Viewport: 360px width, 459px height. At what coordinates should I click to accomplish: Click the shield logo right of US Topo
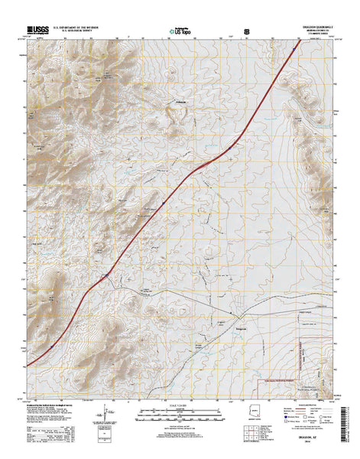point(246,31)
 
